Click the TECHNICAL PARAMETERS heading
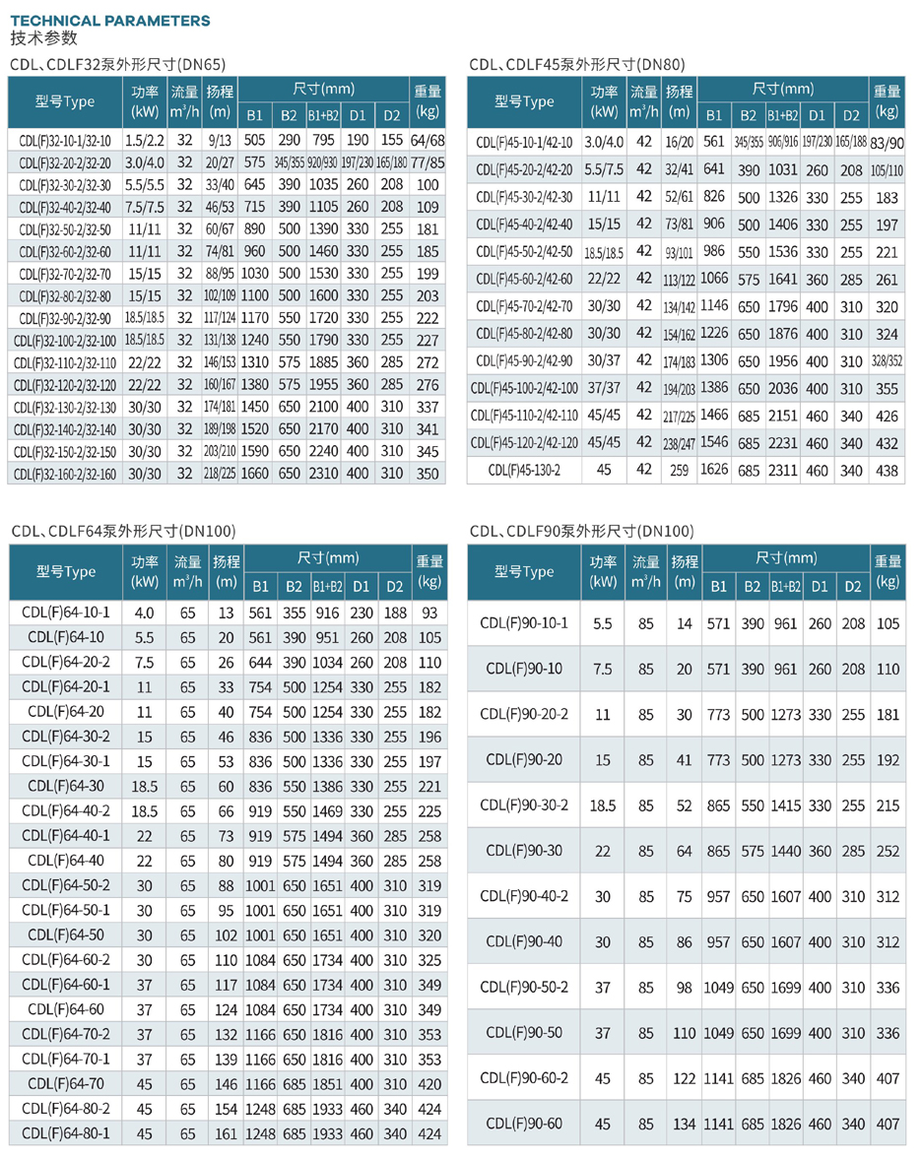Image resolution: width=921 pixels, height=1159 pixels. point(110,20)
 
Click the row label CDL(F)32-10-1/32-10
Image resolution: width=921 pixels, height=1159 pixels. point(65,141)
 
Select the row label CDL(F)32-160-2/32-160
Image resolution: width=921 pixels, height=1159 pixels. point(65,474)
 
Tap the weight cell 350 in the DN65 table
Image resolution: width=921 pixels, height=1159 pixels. point(428,474)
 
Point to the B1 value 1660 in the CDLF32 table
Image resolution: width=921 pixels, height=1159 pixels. point(254,474)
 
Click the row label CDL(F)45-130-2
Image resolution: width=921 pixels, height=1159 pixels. point(523,470)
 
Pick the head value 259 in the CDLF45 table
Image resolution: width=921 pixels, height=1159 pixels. point(679,470)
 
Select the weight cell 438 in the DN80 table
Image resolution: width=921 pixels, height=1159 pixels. point(887,470)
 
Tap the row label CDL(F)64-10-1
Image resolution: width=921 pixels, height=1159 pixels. point(66,612)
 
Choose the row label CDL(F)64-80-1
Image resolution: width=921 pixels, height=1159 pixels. point(66,1133)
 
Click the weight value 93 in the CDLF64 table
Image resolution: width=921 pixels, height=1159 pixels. point(428,612)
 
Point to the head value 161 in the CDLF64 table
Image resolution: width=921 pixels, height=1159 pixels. point(226,1133)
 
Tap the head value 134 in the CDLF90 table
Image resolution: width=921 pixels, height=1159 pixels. point(684,1124)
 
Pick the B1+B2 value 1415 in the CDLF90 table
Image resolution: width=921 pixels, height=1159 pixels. point(784,805)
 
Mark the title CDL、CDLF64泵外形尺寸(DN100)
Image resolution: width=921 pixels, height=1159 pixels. point(123,532)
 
